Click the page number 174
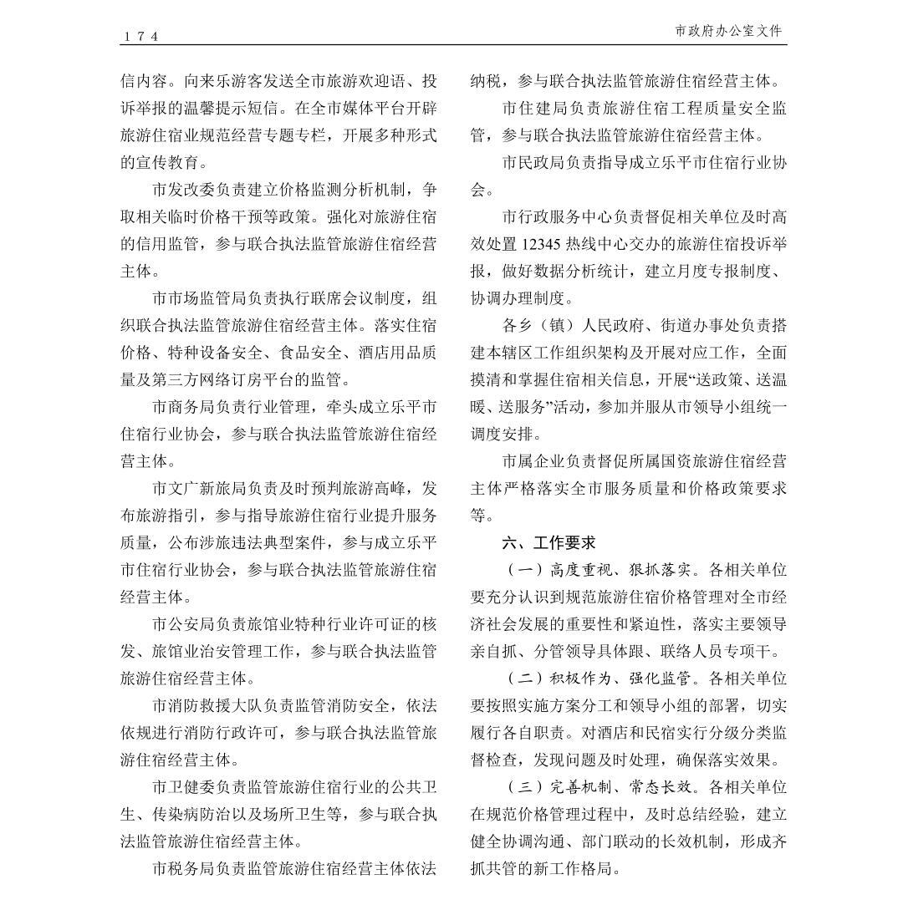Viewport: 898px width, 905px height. pyautogui.click(x=140, y=36)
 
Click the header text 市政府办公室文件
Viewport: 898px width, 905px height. pyautogui.click(x=728, y=31)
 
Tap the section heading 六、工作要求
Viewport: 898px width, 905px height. pyautogui.click(x=548, y=542)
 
